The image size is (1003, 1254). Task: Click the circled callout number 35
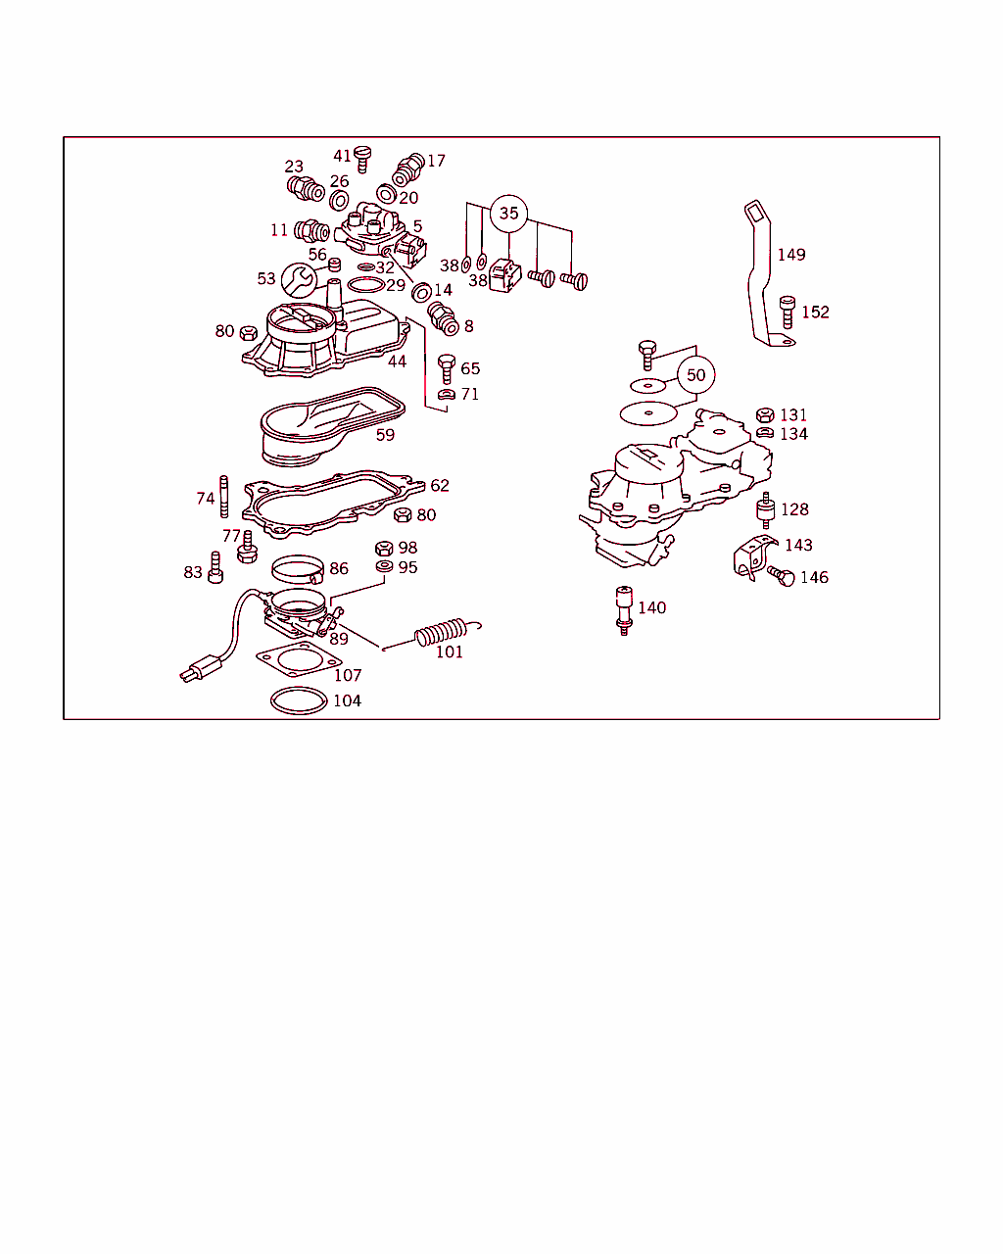tap(508, 214)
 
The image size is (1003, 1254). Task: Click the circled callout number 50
tap(695, 374)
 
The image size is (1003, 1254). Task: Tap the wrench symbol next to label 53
tap(299, 280)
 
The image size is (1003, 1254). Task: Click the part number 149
tap(791, 255)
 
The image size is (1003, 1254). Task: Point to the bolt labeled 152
tap(788, 312)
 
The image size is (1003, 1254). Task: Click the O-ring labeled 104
tap(299, 700)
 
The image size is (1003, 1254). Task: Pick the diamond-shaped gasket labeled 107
tap(299, 659)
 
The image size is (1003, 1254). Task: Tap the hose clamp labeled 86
tap(298, 569)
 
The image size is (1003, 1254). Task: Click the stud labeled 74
tap(223, 497)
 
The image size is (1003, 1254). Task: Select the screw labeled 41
tap(362, 159)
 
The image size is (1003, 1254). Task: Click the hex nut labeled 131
tap(765, 414)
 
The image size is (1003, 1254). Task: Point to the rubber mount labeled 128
tap(765, 510)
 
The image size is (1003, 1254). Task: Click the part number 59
tap(385, 435)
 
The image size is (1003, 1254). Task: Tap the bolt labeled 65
tap(447, 369)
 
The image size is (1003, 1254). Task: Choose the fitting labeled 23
tap(306, 188)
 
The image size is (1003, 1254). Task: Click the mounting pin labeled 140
tap(624, 610)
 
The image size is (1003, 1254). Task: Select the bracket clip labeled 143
tap(755, 557)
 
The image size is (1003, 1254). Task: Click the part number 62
tap(440, 485)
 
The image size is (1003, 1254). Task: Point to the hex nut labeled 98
tap(384, 549)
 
